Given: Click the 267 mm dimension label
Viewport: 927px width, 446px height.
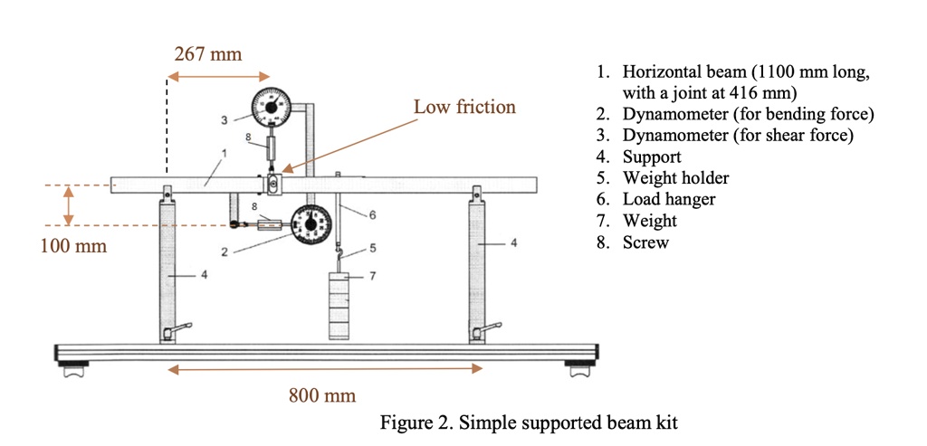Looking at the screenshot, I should pyautogui.click(x=207, y=54).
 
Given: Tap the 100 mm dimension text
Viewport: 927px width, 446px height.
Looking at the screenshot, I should pyautogui.click(x=73, y=245).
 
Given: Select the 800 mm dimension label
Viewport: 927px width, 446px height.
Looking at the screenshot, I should pyautogui.click(x=322, y=395).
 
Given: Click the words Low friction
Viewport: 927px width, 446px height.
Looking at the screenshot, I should pyautogui.click(x=464, y=108).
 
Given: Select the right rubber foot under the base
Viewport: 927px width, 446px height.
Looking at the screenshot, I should pyautogui.click(x=578, y=369).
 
